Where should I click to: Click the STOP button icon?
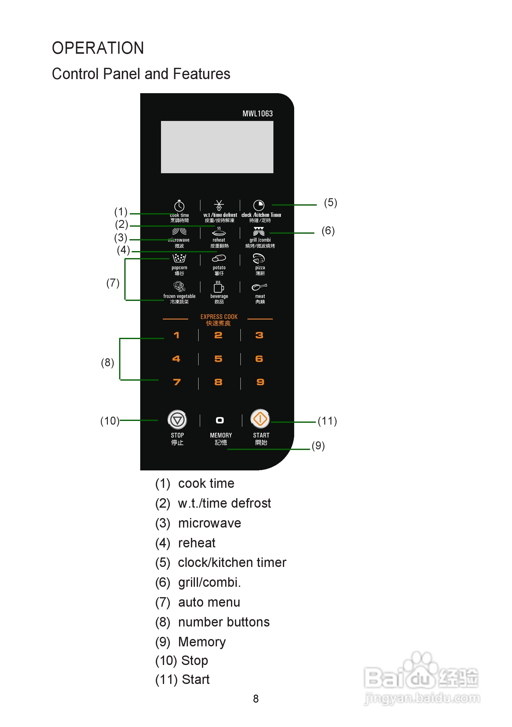click(x=177, y=420)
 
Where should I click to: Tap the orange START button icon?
click(x=260, y=418)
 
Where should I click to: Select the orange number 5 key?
click(x=218, y=359)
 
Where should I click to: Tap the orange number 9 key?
click(x=260, y=382)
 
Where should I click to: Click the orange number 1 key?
click(x=176, y=335)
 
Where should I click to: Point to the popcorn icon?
click(x=179, y=258)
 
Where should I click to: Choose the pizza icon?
click(x=259, y=259)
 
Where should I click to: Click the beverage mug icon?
click(x=218, y=287)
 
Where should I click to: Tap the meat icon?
click(x=259, y=287)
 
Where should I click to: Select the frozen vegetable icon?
click(x=179, y=287)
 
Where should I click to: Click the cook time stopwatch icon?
click(x=179, y=206)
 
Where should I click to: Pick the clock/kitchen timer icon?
click(x=259, y=205)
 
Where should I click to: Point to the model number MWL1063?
click(x=258, y=114)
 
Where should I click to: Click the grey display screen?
click(x=217, y=147)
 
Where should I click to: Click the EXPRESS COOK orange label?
click(x=219, y=317)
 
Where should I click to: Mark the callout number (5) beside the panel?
click(x=331, y=203)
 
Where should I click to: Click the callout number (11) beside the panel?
click(x=327, y=421)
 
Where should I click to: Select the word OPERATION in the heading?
click(x=98, y=48)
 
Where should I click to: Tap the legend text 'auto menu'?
click(x=209, y=602)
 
